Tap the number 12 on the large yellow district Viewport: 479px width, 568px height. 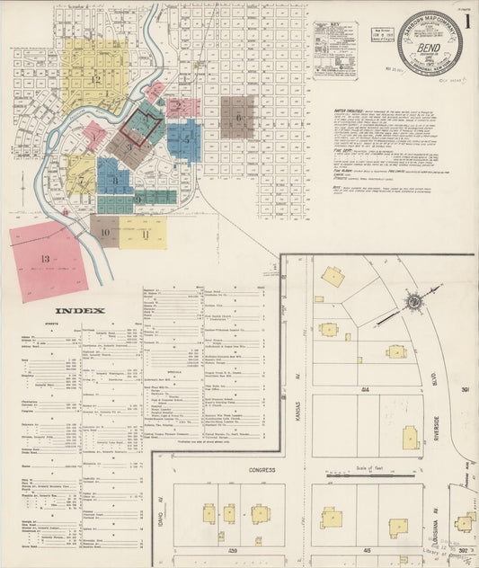tap(94, 79)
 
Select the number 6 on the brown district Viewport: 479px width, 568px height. tap(239, 118)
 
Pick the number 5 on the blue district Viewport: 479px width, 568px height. tap(186, 139)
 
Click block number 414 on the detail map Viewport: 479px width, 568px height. tap(366, 389)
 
